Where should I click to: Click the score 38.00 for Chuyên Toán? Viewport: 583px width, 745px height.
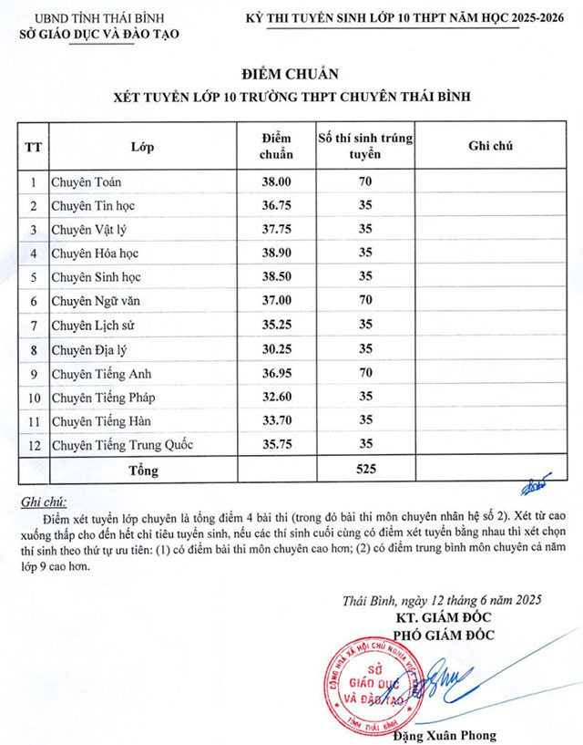click(x=276, y=181)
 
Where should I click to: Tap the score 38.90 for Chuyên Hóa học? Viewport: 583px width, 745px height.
click(x=276, y=253)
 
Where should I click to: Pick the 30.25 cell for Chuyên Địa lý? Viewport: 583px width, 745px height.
click(x=276, y=348)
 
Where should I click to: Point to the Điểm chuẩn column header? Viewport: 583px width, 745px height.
click(x=276, y=146)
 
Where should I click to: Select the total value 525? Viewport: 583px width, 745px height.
click(x=365, y=470)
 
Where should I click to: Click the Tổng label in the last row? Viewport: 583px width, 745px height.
click(x=144, y=471)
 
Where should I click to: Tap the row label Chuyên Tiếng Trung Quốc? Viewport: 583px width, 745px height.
click(x=122, y=445)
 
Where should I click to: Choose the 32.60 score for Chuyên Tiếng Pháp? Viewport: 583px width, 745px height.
click(x=276, y=397)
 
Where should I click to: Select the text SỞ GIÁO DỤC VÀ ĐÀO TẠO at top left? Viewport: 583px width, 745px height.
click(x=99, y=34)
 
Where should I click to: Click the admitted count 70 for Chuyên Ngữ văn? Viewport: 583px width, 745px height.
click(x=365, y=301)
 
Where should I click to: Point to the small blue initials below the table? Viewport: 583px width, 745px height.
click(x=537, y=481)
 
